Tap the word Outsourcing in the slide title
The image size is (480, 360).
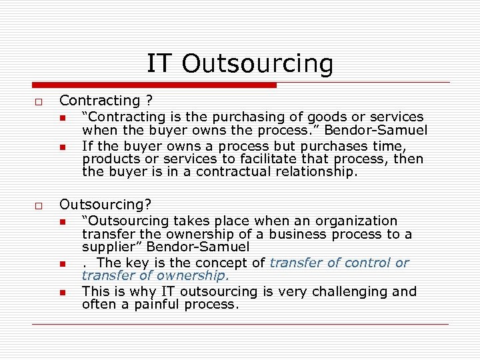(257, 64)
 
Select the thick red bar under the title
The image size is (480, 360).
(154, 85)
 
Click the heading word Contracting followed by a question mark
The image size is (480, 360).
(100, 101)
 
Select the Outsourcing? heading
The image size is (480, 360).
(105, 205)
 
